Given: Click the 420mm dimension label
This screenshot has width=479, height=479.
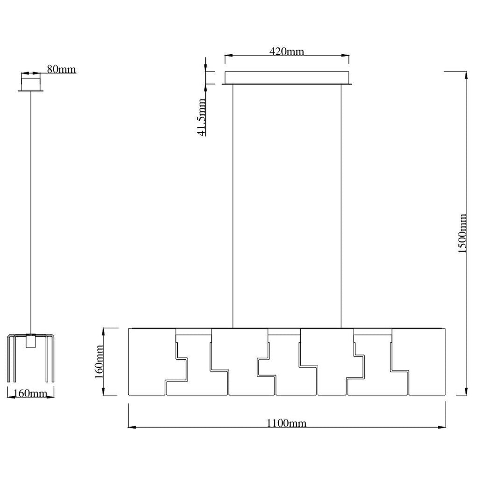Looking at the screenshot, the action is point(287,51).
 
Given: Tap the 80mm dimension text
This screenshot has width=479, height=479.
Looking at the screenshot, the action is point(61,69).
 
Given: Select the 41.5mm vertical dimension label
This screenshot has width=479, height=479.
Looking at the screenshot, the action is point(201,117).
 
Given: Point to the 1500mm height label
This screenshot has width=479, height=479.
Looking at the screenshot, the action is point(462,234).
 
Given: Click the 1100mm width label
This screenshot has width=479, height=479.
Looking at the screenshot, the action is point(287,423).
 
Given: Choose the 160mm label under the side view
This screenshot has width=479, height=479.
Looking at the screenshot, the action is point(30,393).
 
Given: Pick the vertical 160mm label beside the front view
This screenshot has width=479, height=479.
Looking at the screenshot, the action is point(99,362).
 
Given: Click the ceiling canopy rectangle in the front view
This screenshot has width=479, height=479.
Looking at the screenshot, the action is point(287,78).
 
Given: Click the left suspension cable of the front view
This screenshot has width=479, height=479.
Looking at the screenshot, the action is point(233,206).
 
